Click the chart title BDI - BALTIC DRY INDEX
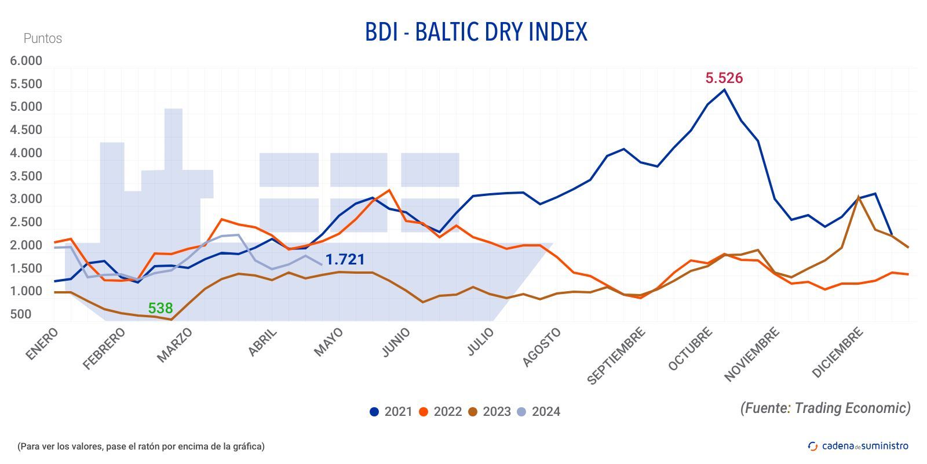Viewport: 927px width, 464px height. pyautogui.click(x=476, y=32)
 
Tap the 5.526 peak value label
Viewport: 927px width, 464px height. pyautogui.click(x=724, y=78)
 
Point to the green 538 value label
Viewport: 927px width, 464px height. pyautogui.click(x=160, y=308)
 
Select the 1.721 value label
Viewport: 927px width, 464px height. pyautogui.click(x=345, y=259)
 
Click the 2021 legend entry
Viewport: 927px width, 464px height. pyautogui.click(x=390, y=412)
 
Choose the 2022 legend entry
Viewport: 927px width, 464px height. pyautogui.click(x=440, y=412)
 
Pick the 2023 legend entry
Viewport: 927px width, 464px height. pyautogui.click(x=489, y=412)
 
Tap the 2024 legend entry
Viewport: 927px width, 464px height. pyautogui.click(x=538, y=412)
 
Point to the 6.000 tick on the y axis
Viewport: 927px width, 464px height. pyautogui.click(x=26, y=61)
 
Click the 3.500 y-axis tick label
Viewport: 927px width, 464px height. pyautogui.click(x=26, y=176)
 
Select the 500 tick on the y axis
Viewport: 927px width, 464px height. pyautogui.click(x=21, y=314)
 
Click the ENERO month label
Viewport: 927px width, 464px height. pyautogui.click(x=42, y=343)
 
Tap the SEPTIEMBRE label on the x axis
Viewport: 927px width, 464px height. pyautogui.click(x=616, y=356)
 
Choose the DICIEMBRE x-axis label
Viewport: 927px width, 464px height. pyautogui.click(x=838, y=353)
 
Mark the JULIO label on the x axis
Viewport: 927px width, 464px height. pyautogui.click(x=481, y=342)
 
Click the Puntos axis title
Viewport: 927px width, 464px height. pyautogui.click(x=42, y=38)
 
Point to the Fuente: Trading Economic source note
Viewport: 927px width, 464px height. pyautogui.click(x=825, y=408)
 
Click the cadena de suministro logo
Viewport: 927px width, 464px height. pyautogui.click(x=857, y=446)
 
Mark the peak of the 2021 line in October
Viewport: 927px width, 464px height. pyautogui.click(x=724, y=89)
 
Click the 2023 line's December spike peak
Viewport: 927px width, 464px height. pyautogui.click(x=857, y=197)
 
